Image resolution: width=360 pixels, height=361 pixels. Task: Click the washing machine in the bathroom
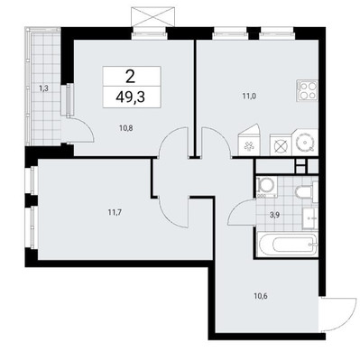tap(266, 188)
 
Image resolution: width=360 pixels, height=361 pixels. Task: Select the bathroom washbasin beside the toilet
tap(307, 218)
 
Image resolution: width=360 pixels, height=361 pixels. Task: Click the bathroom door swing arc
tap(241, 213)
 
